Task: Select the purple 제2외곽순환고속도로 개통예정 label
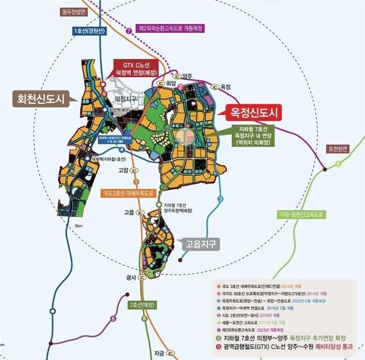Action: pyautogui.click(x=172, y=27)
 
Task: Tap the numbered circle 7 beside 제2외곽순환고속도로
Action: pyautogui.click(x=128, y=27)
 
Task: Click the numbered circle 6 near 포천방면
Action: pyautogui.click(x=338, y=164)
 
